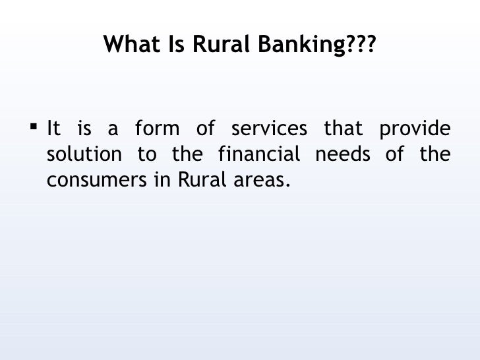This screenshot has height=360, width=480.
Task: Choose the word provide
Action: coord(415,128)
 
